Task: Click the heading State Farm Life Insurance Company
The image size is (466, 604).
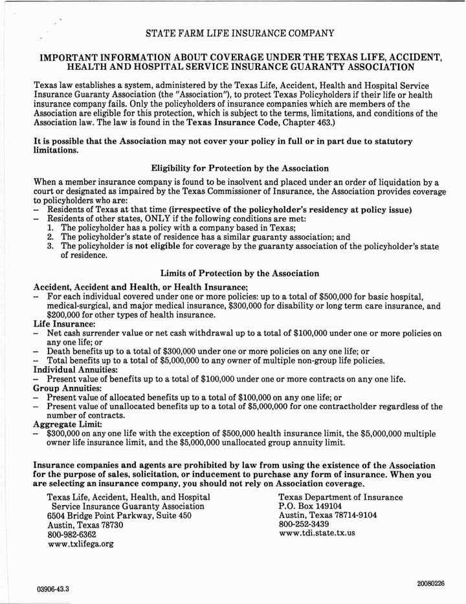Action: point(240,32)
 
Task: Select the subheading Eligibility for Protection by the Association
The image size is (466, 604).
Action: point(240,168)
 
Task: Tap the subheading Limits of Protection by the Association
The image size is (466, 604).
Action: point(240,274)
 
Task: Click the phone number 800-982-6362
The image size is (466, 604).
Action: point(72,535)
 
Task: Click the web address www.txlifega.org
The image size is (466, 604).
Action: point(81,545)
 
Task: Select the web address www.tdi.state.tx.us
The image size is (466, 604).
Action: point(316,534)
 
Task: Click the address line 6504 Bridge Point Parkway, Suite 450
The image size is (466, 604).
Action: point(119,516)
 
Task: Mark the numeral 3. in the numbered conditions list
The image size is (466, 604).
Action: point(51,246)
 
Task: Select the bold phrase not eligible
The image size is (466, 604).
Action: point(162,246)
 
